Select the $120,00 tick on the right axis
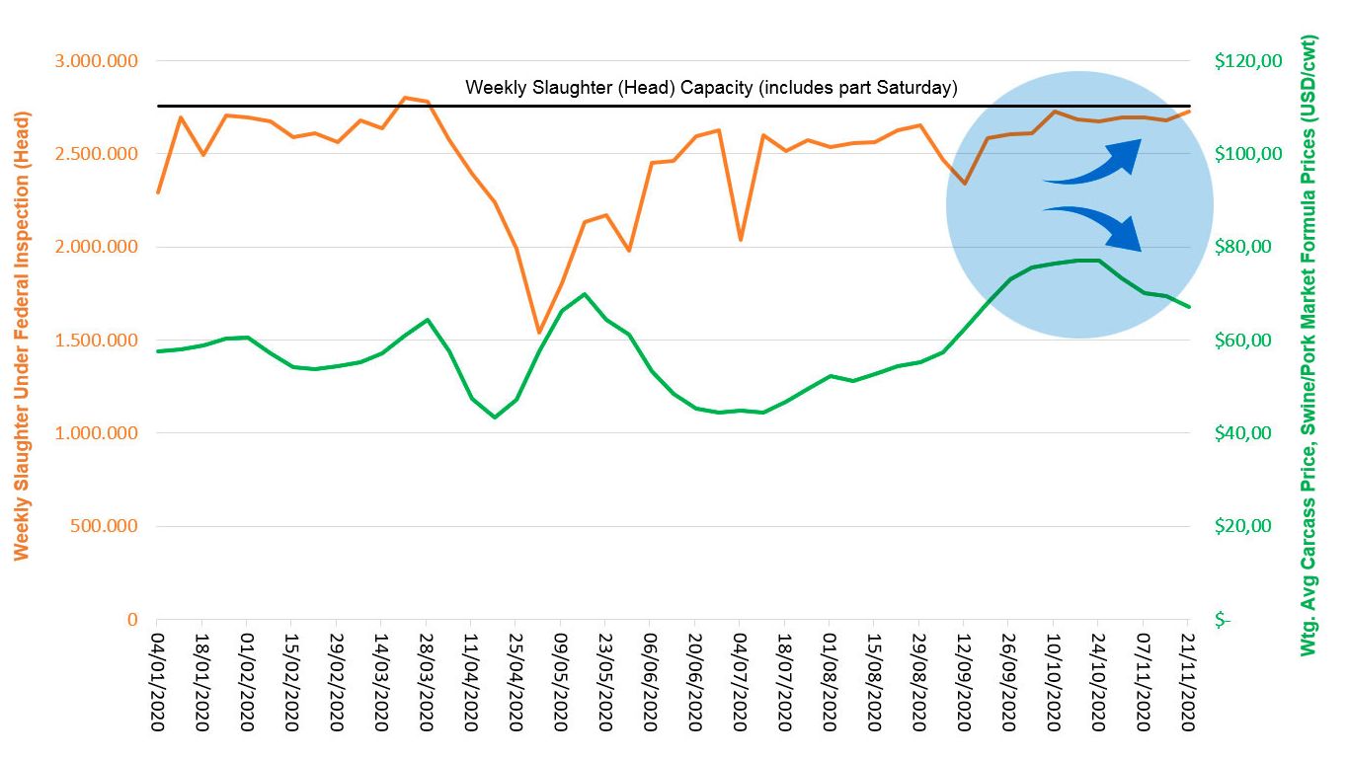(x=1247, y=61)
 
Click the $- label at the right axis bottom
(x=1224, y=620)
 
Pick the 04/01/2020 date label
(x=157, y=681)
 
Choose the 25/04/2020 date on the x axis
(x=516, y=681)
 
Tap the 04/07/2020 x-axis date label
(x=740, y=681)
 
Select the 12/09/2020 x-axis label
(x=964, y=681)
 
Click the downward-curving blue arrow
(x=1094, y=227)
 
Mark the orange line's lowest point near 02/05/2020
(x=538, y=333)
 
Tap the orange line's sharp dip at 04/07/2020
(x=740, y=240)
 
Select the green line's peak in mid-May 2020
(x=584, y=294)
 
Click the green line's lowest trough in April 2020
(x=494, y=418)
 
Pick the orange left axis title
(x=22, y=336)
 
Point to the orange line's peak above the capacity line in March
(x=404, y=98)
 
